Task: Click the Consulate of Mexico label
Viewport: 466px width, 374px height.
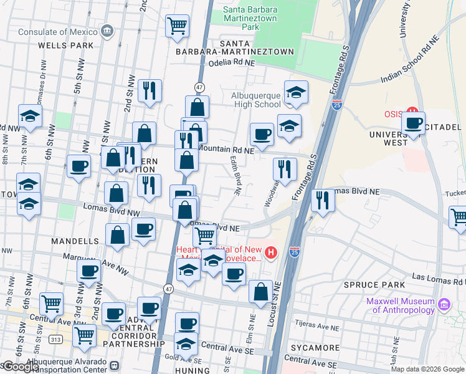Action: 59,32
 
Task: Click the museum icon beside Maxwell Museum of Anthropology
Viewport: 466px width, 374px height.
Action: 444,304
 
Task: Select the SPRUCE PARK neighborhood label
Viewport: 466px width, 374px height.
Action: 370,285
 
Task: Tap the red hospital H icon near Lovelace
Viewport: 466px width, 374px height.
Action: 270,252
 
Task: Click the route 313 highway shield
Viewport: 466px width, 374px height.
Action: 55,339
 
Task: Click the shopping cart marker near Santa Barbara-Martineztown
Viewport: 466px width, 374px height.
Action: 177,26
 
